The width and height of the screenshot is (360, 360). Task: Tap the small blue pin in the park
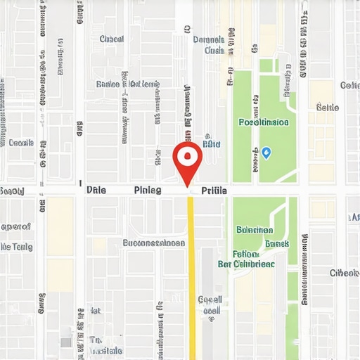click(x=266, y=152)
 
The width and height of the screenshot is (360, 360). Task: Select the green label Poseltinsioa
click(x=263, y=122)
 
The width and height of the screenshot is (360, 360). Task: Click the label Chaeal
click(x=112, y=39)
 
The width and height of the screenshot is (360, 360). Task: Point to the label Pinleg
click(x=147, y=190)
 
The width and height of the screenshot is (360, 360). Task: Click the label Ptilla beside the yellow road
click(x=214, y=190)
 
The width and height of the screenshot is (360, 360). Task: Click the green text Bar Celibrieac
click(x=246, y=264)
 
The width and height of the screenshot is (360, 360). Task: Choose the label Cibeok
click(x=345, y=273)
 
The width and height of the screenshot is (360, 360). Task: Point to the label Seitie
click(x=328, y=108)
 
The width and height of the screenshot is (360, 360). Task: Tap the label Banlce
click(x=108, y=84)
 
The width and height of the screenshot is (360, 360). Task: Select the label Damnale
click(x=208, y=39)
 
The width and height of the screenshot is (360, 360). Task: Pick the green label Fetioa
click(x=245, y=253)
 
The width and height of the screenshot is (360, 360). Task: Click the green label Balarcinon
click(x=255, y=229)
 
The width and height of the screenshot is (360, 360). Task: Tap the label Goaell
click(x=210, y=300)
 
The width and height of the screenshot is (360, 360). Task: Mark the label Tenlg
click(x=17, y=247)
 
